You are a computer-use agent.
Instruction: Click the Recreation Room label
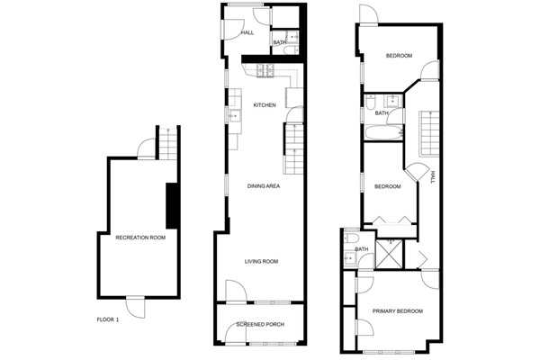point(139,238)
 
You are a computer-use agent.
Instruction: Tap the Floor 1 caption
point(107,319)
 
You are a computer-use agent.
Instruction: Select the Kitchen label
point(264,105)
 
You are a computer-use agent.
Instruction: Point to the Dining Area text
point(265,186)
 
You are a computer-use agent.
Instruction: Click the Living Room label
point(262,262)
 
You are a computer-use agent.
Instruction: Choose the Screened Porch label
point(260,324)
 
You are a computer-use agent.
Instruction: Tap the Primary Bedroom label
point(399,311)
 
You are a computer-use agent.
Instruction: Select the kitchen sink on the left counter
point(233,115)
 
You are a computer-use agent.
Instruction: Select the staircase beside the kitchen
point(297,148)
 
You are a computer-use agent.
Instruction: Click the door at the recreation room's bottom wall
point(135,306)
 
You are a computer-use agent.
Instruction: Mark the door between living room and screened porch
point(233,292)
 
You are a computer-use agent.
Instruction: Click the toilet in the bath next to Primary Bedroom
point(349,259)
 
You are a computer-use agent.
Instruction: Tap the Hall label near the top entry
point(247,32)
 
